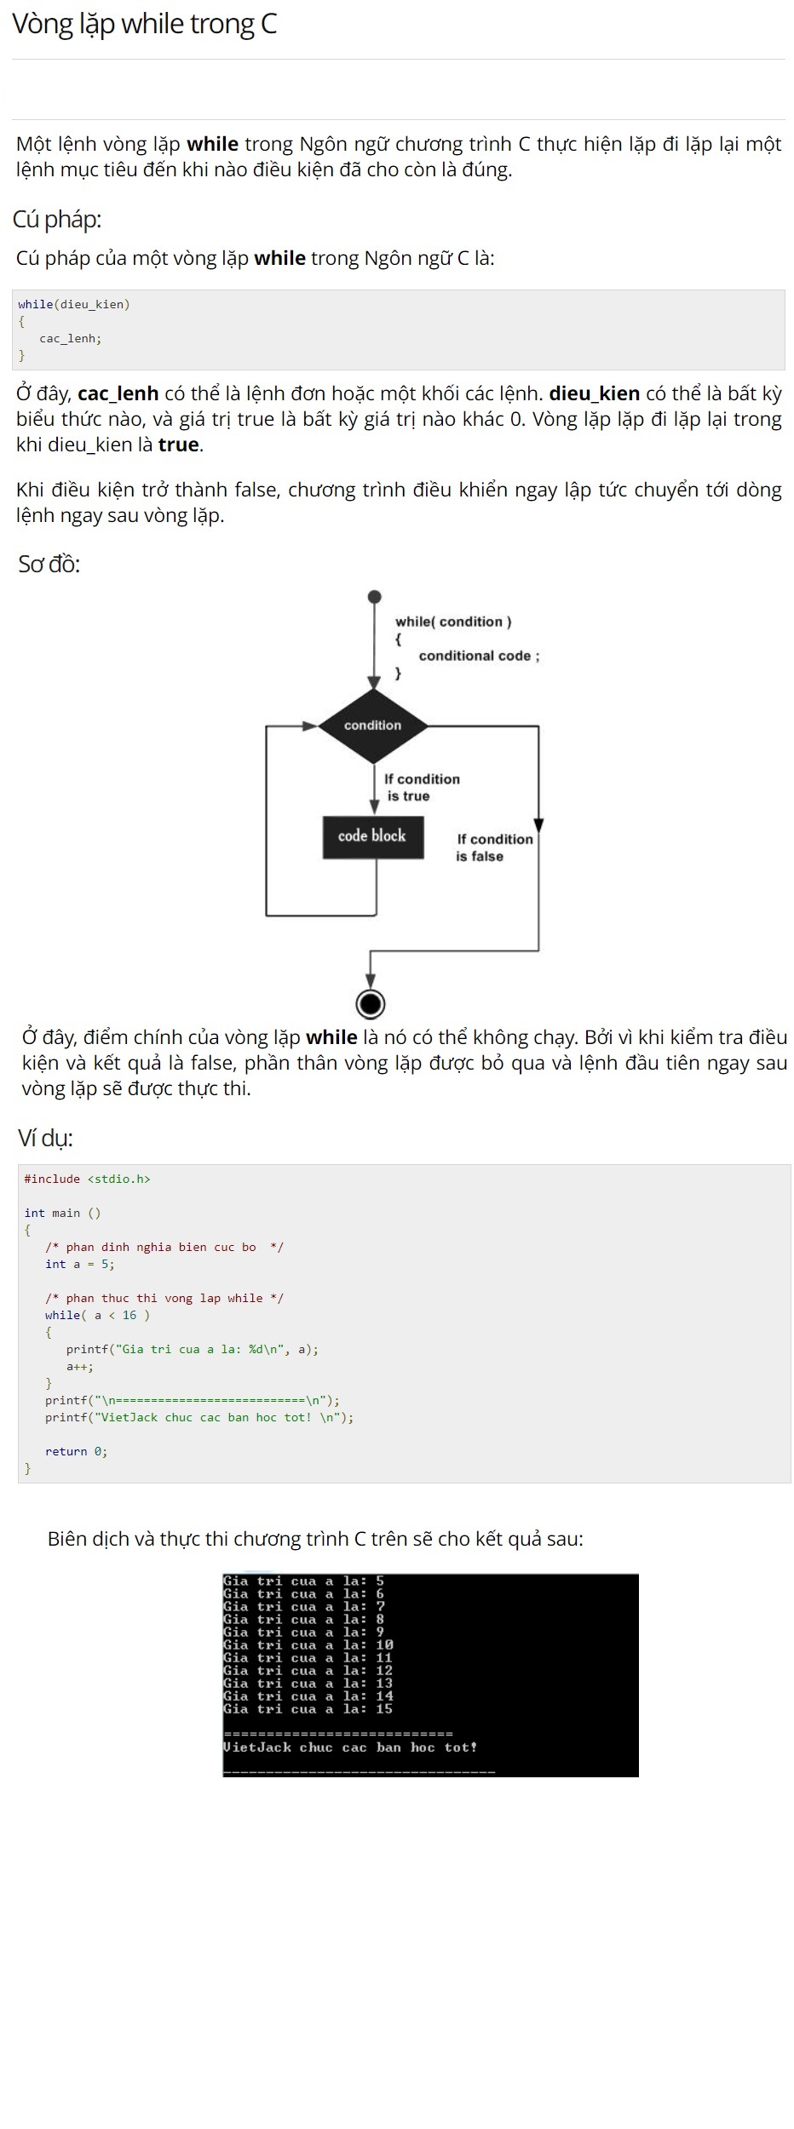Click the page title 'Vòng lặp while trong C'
click(x=145, y=25)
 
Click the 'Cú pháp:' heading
click(x=57, y=220)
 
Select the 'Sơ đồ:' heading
click(x=49, y=564)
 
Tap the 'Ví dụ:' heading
click(x=46, y=1138)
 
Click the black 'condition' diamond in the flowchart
click(x=373, y=726)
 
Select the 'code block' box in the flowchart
click(x=372, y=836)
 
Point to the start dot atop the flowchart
click(x=374, y=597)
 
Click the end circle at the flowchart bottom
click(x=370, y=1004)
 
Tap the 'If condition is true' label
click(x=421, y=788)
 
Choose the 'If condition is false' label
click(x=493, y=847)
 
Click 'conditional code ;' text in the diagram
click(x=479, y=656)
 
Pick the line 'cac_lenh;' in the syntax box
click(x=70, y=339)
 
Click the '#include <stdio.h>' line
click(x=87, y=1179)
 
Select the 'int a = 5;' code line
click(x=79, y=1265)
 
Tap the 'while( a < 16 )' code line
click(x=97, y=1316)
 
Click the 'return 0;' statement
click(x=76, y=1452)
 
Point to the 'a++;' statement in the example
click(x=80, y=1367)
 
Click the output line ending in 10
click(x=308, y=1645)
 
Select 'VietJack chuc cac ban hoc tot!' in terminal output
click(x=350, y=1747)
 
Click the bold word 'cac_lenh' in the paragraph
click(x=118, y=394)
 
